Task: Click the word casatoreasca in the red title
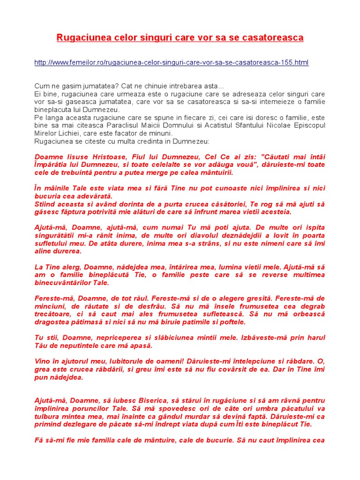pos(274,37)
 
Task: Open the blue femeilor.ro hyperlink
pos(172,62)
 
